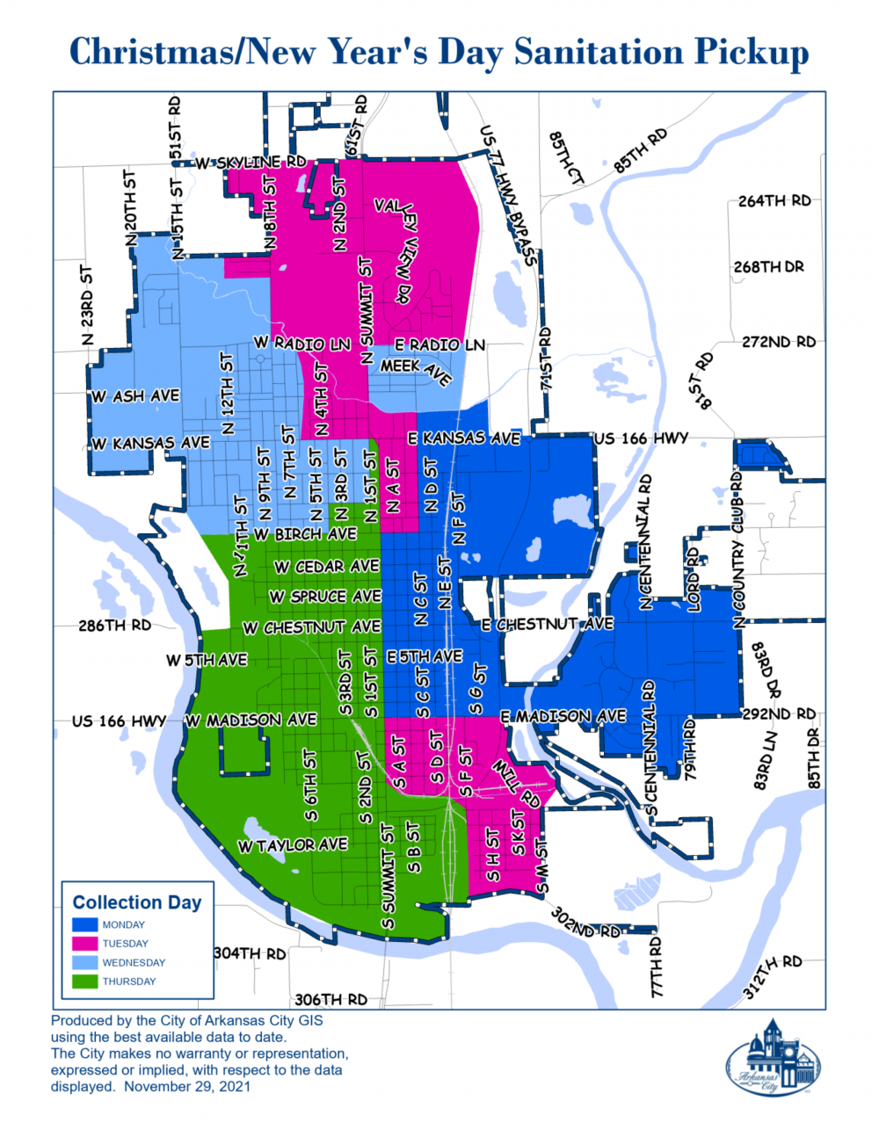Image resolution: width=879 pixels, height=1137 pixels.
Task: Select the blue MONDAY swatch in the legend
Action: pyautogui.click(x=84, y=924)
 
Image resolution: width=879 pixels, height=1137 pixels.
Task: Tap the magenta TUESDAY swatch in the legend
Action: pyautogui.click(x=84, y=944)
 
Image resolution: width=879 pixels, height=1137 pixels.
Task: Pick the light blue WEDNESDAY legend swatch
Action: pyautogui.click(x=84, y=962)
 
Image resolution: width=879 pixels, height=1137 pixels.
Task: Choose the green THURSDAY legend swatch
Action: pyautogui.click(x=84, y=981)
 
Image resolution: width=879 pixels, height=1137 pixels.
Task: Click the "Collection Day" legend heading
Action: pyautogui.click(x=137, y=902)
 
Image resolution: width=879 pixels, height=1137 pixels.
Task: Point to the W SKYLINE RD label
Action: pyautogui.click(x=251, y=163)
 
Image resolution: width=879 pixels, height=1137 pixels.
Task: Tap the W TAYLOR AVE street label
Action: pyautogui.click(x=293, y=845)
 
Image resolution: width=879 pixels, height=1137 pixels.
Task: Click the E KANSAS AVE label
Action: pyautogui.click(x=463, y=438)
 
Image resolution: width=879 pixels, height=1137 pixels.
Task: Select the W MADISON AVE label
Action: pyautogui.click(x=251, y=720)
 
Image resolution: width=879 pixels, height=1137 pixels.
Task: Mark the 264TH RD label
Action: pyautogui.click(x=774, y=200)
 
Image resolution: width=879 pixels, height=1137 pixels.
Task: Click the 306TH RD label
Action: pyautogui.click(x=331, y=999)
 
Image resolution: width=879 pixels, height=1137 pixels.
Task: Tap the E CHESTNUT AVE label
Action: pyautogui.click(x=547, y=624)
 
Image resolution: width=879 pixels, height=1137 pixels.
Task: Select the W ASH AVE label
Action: pyautogui.click(x=136, y=396)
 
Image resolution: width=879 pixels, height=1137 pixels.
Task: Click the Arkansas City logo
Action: pyautogui.click(x=773, y=1058)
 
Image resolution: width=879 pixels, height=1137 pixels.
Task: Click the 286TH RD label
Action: pyautogui.click(x=114, y=626)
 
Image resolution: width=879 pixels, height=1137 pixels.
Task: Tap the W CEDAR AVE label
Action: pyautogui.click(x=326, y=567)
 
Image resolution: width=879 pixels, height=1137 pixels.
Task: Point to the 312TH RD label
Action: pyautogui.click(x=773, y=975)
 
